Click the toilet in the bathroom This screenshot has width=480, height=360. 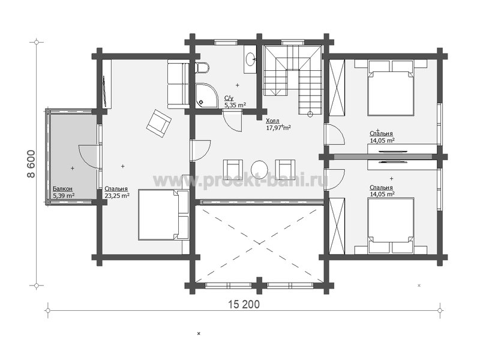(x=202, y=68)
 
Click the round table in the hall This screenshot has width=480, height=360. (x=259, y=169)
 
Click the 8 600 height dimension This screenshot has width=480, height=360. (x=31, y=164)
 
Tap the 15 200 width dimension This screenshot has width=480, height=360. (x=244, y=304)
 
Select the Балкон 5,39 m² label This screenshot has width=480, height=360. (x=64, y=193)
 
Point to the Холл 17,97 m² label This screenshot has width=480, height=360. (x=278, y=124)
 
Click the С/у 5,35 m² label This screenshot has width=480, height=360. (x=235, y=102)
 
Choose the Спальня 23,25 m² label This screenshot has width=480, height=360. (x=117, y=193)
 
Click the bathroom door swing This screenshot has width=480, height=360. (x=232, y=122)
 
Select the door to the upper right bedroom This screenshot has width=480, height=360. (x=335, y=134)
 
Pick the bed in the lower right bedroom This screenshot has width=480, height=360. (x=391, y=226)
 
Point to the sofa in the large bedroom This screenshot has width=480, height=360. (x=178, y=84)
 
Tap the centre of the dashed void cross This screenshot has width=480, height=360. (x=260, y=244)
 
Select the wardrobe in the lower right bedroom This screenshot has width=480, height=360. (x=337, y=226)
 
